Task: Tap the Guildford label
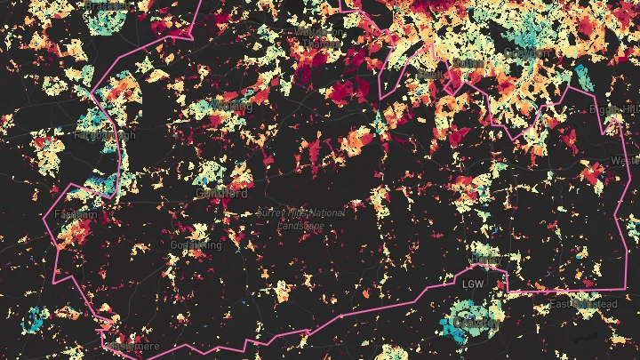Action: pyautogui.click(x=220, y=192)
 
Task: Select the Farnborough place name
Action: pyautogui.click(x=104, y=137)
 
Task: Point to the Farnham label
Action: pyautogui.click(x=75, y=215)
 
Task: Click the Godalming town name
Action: pyautogui.click(x=195, y=244)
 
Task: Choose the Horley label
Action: pyautogui.click(x=484, y=259)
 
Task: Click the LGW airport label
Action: pyautogui.click(x=473, y=284)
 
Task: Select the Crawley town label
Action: pyautogui.click(x=473, y=322)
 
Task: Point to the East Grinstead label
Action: pyautogui.click(x=582, y=304)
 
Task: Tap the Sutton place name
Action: pyautogui.click(x=468, y=65)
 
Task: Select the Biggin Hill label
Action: pyautogui.click(x=612, y=108)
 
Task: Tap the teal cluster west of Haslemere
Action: pyautogui.click(x=36, y=318)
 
